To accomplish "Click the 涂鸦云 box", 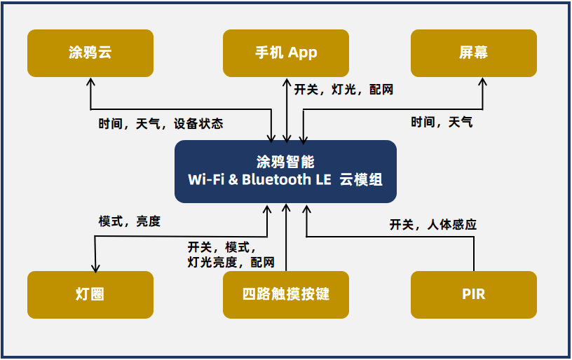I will coord(90,53).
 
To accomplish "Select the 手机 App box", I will coord(286,53).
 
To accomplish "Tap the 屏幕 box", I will coord(474,53).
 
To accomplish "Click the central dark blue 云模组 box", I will coord(285,172).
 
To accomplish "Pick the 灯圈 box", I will coord(90,294).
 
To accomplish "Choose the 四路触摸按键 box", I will coord(286,294).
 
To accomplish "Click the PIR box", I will coord(474,294).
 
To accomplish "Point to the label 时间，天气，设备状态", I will coord(161,124).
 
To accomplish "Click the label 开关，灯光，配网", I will coord(343,90).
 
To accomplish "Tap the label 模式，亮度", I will coord(130,221).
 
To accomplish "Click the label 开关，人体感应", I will coord(433,225).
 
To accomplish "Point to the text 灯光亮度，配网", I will coord(231,263).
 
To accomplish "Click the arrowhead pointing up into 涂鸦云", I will coord(90,81).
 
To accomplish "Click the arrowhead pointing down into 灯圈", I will coord(95,267).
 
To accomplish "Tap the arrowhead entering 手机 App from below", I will coord(286,81).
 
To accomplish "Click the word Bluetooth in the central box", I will coord(277,179).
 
